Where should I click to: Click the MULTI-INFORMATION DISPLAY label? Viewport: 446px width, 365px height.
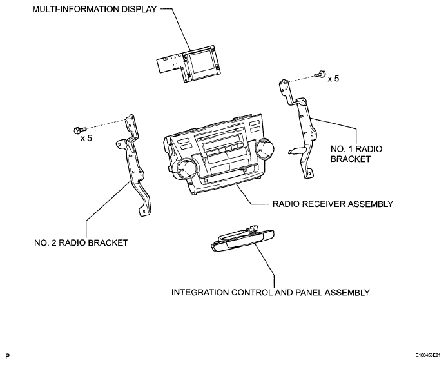pyautogui.click(x=95, y=9)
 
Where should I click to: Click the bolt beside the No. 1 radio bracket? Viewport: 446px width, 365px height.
pyautogui.click(x=320, y=74)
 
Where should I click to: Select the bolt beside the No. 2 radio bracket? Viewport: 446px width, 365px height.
pyautogui.click(x=80, y=130)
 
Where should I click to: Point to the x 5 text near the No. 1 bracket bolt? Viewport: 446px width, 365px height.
pyautogui.click(x=333, y=79)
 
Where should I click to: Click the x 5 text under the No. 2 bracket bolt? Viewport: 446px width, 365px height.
pyautogui.click(x=86, y=139)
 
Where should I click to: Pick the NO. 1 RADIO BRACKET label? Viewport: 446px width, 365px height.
pyautogui.click(x=356, y=153)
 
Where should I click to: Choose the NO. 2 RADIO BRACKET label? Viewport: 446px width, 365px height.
pyautogui.click(x=81, y=242)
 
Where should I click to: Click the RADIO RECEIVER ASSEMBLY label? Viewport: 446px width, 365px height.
pyautogui.click(x=333, y=204)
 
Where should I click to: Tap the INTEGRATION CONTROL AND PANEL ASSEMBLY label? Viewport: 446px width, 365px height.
pyautogui.click(x=271, y=292)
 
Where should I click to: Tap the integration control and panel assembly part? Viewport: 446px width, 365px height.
pyautogui.click(x=242, y=241)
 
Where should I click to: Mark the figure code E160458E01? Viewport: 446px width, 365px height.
pyautogui.click(x=427, y=355)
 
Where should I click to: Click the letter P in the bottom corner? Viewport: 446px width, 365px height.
pyautogui.click(x=8, y=356)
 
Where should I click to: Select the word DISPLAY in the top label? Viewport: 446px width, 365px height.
pyautogui.click(x=139, y=9)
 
